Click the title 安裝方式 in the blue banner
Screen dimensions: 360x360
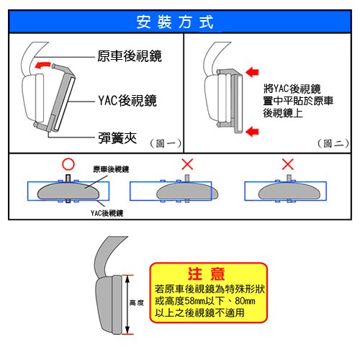pyautogui.click(x=175, y=22)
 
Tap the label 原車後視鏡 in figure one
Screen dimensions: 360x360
pyautogui.click(x=130, y=56)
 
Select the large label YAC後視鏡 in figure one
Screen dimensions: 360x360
pyautogui.click(x=127, y=100)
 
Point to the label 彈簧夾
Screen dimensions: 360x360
pyautogui.click(x=117, y=138)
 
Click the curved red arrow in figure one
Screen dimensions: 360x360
pyautogui.click(x=42, y=65)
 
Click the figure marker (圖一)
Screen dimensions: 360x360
pyautogui.click(x=166, y=143)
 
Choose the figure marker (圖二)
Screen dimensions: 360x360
pyautogui.click(x=333, y=143)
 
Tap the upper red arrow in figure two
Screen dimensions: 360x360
pyautogui.click(x=252, y=72)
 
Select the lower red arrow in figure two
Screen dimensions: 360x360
pyautogui.click(x=252, y=132)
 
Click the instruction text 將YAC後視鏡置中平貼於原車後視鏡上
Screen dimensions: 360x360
pyautogui.click(x=298, y=101)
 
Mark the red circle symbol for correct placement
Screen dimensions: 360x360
pyautogui.click(x=68, y=164)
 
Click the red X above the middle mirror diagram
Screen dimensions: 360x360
pyautogui.click(x=187, y=164)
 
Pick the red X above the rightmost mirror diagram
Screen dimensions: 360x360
pyautogui.click(x=288, y=164)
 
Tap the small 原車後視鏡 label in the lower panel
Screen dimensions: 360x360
pyautogui.click(x=111, y=169)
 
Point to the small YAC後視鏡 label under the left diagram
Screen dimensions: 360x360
pyautogui.click(x=107, y=213)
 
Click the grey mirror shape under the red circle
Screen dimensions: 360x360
pyautogui.click(x=68, y=192)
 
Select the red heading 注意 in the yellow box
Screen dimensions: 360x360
pyautogui.click(x=207, y=274)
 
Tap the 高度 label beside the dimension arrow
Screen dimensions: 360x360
pyautogui.click(x=137, y=302)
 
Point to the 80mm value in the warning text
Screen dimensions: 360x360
pyautogui.click(x=245, y=301)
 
